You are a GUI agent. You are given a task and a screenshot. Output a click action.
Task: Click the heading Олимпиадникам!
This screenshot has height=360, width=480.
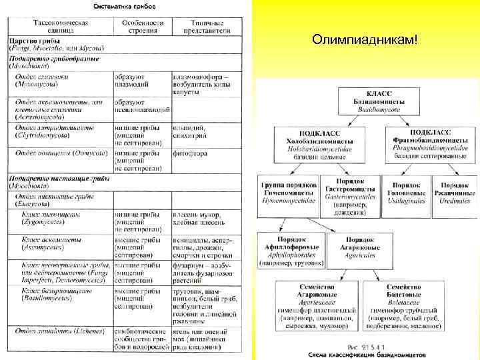(x=365, y=41)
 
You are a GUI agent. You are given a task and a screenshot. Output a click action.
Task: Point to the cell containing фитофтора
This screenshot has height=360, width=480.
(x=190, y=153)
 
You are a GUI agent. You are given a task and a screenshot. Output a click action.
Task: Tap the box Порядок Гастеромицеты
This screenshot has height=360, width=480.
(x=349, y=194)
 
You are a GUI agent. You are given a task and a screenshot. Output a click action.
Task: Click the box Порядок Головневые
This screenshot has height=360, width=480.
(x=406, y=189)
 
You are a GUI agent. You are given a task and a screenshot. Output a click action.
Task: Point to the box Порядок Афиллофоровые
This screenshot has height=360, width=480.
(x=291, y=251)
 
